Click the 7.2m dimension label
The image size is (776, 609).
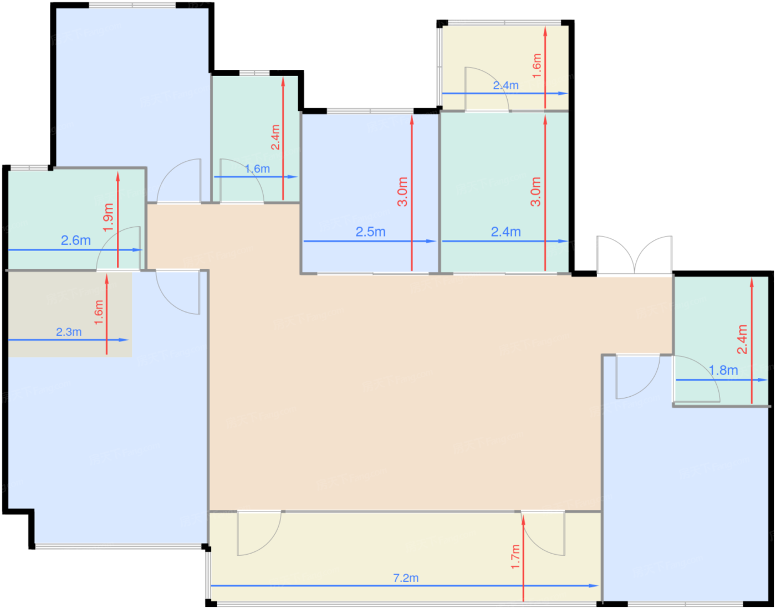click(x=406, y=578)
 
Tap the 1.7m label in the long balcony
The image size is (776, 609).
click(x=515, y=557)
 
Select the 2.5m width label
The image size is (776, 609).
click(x=371, y=232)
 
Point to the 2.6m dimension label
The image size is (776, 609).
click(x=76, y=240)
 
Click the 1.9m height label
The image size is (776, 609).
click(x=108, y=217)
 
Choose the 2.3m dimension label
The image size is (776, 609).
click(x=69, y=332)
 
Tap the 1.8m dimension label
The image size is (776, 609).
click(x=723, y=371)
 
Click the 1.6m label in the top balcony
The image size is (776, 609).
click(x=537, y=66)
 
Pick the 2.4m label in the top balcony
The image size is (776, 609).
click(x=506, y=86)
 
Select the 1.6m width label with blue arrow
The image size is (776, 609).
click(x=258, y=169)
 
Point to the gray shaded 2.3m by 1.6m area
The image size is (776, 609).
click(x=70, y=314)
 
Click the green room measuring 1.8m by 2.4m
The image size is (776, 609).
click(x=721, y=341)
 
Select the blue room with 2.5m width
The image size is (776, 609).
click(x=370, y=193)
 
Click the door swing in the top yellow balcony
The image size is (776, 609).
click(x=487, y=89)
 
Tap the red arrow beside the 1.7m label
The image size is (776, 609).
click(x=523, y=559)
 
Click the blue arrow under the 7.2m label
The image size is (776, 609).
click(x=405, y=586)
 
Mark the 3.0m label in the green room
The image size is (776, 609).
click(x=535, y=192)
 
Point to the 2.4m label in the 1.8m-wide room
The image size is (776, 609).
click(x=742, y=339)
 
